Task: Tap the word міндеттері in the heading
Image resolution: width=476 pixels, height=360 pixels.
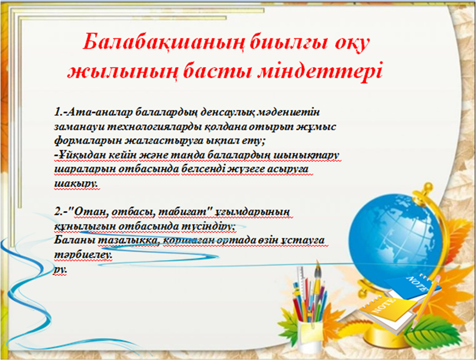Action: [x=319, y=72]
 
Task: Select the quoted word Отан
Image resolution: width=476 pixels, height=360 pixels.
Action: [x=91, y=212]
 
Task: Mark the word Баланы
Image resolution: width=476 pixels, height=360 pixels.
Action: [x=75, y=240]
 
